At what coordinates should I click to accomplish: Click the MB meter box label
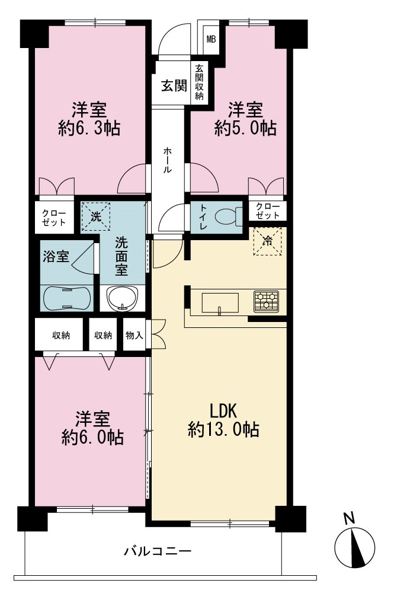[211, 39]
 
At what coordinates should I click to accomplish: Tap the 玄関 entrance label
[174, 86]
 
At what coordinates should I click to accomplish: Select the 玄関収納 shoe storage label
[199, 82]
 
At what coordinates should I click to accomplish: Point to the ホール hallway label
[167, 160]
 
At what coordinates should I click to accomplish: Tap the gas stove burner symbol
[266, 301]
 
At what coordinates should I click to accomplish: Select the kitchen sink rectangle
[220, 303]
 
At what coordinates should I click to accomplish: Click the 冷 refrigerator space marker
[267, 241]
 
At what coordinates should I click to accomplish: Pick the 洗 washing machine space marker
[96, 216]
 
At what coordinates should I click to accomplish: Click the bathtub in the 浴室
[67, 298]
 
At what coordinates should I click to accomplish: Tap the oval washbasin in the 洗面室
[123, 298]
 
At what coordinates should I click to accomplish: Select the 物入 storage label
[134, 335]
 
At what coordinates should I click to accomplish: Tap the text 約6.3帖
[89, 129]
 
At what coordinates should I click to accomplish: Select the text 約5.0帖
[245, 129]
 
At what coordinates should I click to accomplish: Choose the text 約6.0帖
[92, 438]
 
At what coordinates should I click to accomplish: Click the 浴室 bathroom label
[56, 257]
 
